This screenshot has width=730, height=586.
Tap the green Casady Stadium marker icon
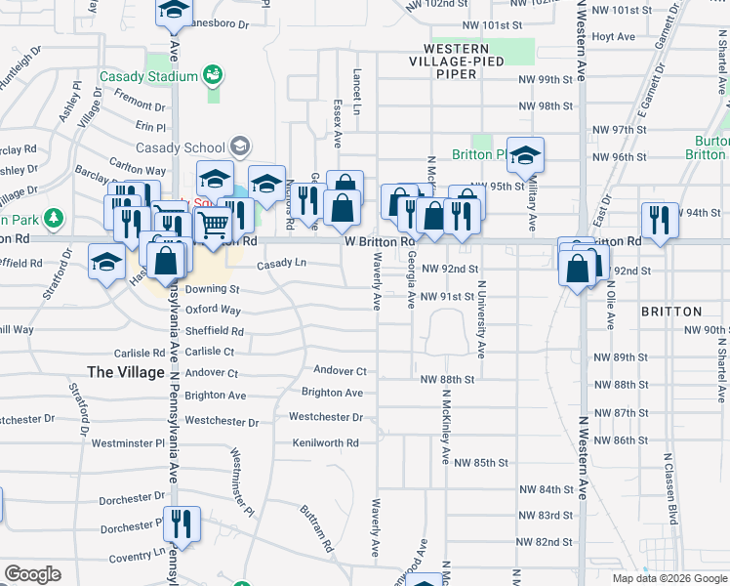[x=212, y=75]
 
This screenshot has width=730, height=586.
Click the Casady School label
[x=181, y=147]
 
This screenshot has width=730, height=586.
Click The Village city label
[x=126, y=372]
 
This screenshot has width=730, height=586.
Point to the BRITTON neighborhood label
[x=671, y=312]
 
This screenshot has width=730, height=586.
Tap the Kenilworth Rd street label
[x=326, y=442]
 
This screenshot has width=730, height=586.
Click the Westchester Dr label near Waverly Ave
[x=326, y=417]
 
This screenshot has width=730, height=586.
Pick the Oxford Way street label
[x=213, y=310]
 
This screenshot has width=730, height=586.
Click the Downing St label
[x=212, y=289]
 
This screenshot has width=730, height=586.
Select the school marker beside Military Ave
[x=526, y=155]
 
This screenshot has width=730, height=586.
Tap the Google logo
[x=32, y=574]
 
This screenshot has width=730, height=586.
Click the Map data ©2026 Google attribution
[x=669, y=578]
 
